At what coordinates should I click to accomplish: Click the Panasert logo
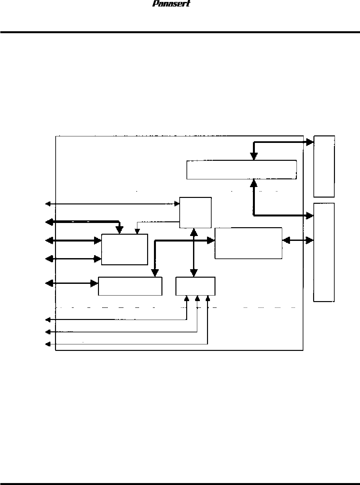(x=171, y=4)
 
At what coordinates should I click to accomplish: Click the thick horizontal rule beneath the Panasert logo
(x=180, y=32)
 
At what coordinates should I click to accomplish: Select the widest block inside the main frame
(x=241, y=170)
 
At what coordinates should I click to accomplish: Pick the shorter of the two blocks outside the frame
(x=324, y=166)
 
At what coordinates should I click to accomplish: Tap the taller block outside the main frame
(x=324, y=252)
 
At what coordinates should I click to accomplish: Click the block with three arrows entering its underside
(x=195, y=286)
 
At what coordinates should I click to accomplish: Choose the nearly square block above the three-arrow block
(x=196, y=213)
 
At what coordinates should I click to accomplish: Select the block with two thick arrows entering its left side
(x=124, y=249)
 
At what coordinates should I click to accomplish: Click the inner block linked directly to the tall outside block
(x=248, y=243)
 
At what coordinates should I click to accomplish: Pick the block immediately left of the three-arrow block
(x=130, y=286)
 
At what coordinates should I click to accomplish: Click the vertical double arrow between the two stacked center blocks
(x=194, y=253)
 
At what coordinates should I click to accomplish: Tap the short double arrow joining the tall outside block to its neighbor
(x=298, y=241)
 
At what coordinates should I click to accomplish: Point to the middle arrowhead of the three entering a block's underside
(x=197, y=298)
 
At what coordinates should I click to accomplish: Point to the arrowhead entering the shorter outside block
(x=310, y=142)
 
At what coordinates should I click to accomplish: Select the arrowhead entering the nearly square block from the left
(x=177, y=204)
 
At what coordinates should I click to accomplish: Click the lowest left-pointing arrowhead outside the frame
(x=48, y=344)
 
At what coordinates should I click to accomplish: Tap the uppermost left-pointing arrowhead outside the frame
(x=48, y=204)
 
